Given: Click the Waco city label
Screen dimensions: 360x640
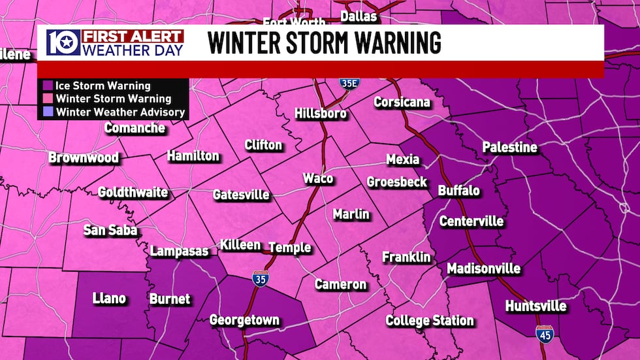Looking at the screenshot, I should pos(318,179).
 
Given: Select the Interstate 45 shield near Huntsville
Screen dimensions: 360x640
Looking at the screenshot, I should pos(543,334).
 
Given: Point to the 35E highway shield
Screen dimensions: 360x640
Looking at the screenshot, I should pos(349,83).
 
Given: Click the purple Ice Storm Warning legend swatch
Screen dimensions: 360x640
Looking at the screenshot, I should pos(48,86).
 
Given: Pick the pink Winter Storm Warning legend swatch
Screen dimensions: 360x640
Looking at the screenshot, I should pos(48,99).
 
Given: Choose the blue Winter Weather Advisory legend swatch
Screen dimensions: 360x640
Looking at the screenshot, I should pos(48,112).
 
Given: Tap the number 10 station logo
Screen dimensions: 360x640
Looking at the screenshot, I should pos(63,43).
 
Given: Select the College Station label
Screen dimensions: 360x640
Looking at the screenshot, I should pos(429,321).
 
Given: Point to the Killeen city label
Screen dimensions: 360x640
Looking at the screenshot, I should pos(240,245).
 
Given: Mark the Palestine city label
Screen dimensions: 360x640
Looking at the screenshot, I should pos(509,148).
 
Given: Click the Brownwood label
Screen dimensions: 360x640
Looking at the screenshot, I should pos(84,158).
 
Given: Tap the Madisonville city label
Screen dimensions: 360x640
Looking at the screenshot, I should pos(483,269).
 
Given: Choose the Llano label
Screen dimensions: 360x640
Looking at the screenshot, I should pos(109,299).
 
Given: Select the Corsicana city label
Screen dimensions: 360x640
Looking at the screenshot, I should pos(402,103).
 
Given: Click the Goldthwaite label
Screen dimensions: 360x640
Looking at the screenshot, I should pos(133,193).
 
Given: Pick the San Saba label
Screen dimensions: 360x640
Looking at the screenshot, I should pos(110,231).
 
